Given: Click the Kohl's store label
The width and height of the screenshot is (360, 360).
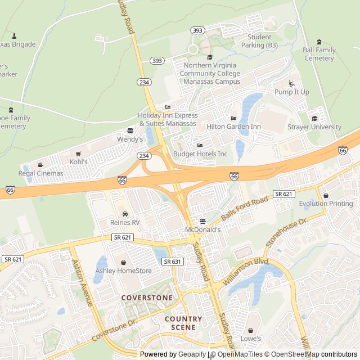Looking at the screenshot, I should [79, 162].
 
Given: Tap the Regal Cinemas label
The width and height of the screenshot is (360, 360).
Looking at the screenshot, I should [41, 173].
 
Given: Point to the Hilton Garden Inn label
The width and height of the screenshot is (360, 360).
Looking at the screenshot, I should [233, 127].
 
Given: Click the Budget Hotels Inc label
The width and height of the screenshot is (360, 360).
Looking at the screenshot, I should [200, 154].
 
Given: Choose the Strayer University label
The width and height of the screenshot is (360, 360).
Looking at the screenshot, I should [314, 127].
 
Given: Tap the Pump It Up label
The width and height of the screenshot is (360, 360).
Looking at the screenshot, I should [291, 92].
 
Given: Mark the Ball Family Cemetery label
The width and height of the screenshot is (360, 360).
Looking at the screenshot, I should [319, 54].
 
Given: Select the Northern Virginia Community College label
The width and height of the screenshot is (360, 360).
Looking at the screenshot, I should [210, 74].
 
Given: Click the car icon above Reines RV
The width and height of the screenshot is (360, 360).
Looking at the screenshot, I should [125, 214].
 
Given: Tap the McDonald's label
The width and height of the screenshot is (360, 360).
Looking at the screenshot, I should [203, 230].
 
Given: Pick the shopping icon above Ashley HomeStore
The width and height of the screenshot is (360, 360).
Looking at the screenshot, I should [123, 262].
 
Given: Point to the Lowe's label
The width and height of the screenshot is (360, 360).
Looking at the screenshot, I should [251, 339].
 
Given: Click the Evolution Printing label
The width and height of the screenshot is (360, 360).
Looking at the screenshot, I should [326, 204].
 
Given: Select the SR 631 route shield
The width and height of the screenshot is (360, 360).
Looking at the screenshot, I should [173, 262].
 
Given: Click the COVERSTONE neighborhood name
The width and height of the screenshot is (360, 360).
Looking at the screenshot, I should [146, 297].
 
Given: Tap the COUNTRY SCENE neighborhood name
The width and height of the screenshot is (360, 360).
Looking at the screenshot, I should [183, 323].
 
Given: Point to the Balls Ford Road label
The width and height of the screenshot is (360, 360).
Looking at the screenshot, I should [244, 209].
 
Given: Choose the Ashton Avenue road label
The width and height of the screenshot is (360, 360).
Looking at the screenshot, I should [83, 282].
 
